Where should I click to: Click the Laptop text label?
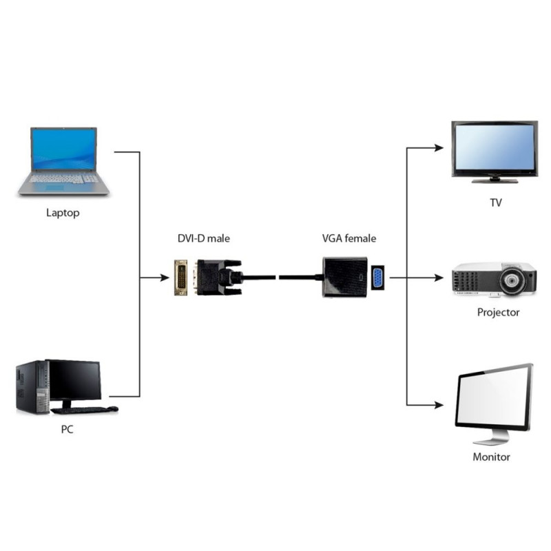(x=63, y=213)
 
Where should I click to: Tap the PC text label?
(x=66, y=430)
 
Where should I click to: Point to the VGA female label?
(x=349, y=238)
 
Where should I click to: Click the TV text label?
(x=495, y=203)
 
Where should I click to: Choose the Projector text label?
(x=498, y=312)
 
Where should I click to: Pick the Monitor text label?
(x=491, y=457)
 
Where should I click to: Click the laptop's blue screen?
(x=63, y=148)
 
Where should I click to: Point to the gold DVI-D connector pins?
(x=181, y=278)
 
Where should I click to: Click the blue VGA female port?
(x=378, y=278)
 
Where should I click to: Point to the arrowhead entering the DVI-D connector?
(x=165, y=278)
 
